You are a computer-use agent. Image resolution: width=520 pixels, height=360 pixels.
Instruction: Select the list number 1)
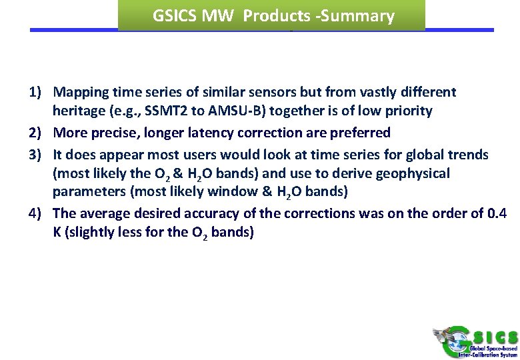click(36, 92)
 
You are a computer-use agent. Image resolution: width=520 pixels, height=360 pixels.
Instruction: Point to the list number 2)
click(36, 133)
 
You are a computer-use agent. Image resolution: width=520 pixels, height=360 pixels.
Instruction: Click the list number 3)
click(36, 155)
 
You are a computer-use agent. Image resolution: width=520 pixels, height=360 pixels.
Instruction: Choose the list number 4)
click(36, 213)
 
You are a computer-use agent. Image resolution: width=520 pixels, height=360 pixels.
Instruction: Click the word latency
click(201, 133)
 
